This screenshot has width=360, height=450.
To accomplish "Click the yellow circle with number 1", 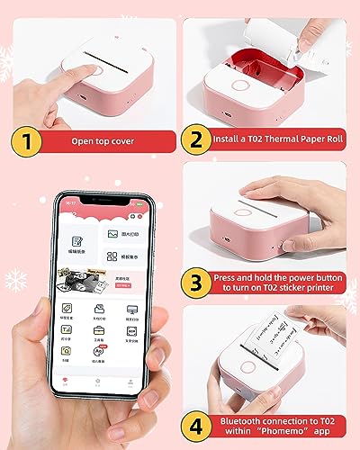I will click(x=26, y=141).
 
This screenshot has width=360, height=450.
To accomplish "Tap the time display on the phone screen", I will click(x=69, y=202).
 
